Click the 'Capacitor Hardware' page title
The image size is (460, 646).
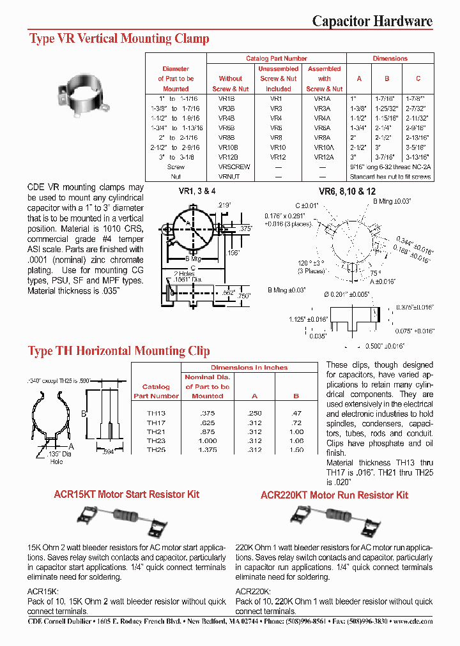point(372,21)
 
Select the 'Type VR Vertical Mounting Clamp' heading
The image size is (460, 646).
point(119,39)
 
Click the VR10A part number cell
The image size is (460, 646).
point(323,147)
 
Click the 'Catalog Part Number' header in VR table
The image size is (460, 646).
point(276,59)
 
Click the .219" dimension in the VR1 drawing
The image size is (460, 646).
point(224,205)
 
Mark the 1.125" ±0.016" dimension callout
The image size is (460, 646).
point(309,319)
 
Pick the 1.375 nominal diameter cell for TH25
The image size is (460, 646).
point(208,449)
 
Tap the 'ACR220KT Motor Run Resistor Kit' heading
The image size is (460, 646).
point(334,495)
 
